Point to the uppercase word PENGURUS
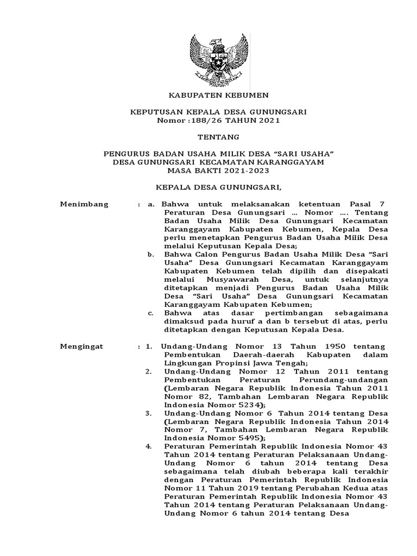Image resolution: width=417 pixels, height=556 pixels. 125,154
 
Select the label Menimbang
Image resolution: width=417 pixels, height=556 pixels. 84,204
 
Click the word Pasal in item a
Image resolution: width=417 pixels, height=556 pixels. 359,204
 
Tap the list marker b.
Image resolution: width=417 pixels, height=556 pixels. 150,254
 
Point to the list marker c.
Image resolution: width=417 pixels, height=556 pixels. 150,313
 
